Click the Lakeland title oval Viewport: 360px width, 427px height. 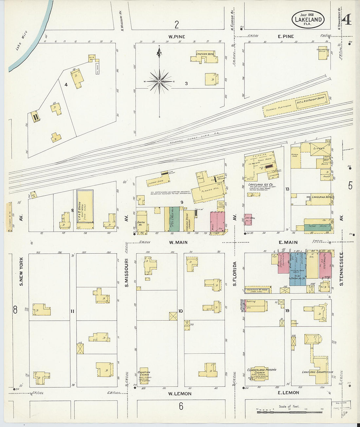(x=308, y=19)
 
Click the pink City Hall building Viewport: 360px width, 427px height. (x=248, y=220)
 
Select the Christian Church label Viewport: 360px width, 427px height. (x=144, y=374)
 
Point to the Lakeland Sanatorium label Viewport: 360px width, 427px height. (x=317, y=372)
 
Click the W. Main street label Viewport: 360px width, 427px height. (x=178, y=242)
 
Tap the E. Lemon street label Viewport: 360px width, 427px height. (x=288, y=392)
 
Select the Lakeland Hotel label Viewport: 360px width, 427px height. (x=322, y=197)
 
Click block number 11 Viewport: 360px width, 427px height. (x=72, y=311)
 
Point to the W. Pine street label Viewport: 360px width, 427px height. (x=177, y=37)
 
